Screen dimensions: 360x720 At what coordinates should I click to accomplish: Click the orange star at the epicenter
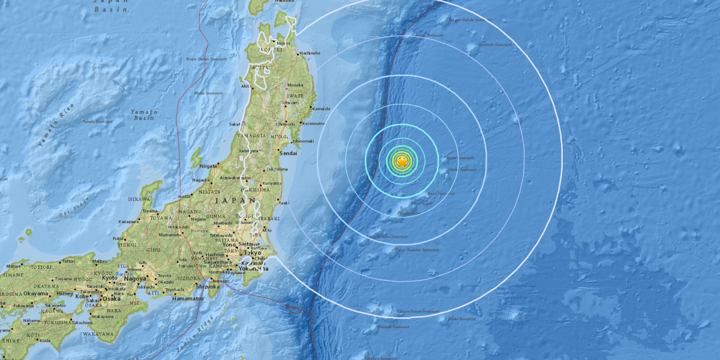pos(402,161)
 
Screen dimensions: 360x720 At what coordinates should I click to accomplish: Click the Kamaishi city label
pos(321,109)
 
